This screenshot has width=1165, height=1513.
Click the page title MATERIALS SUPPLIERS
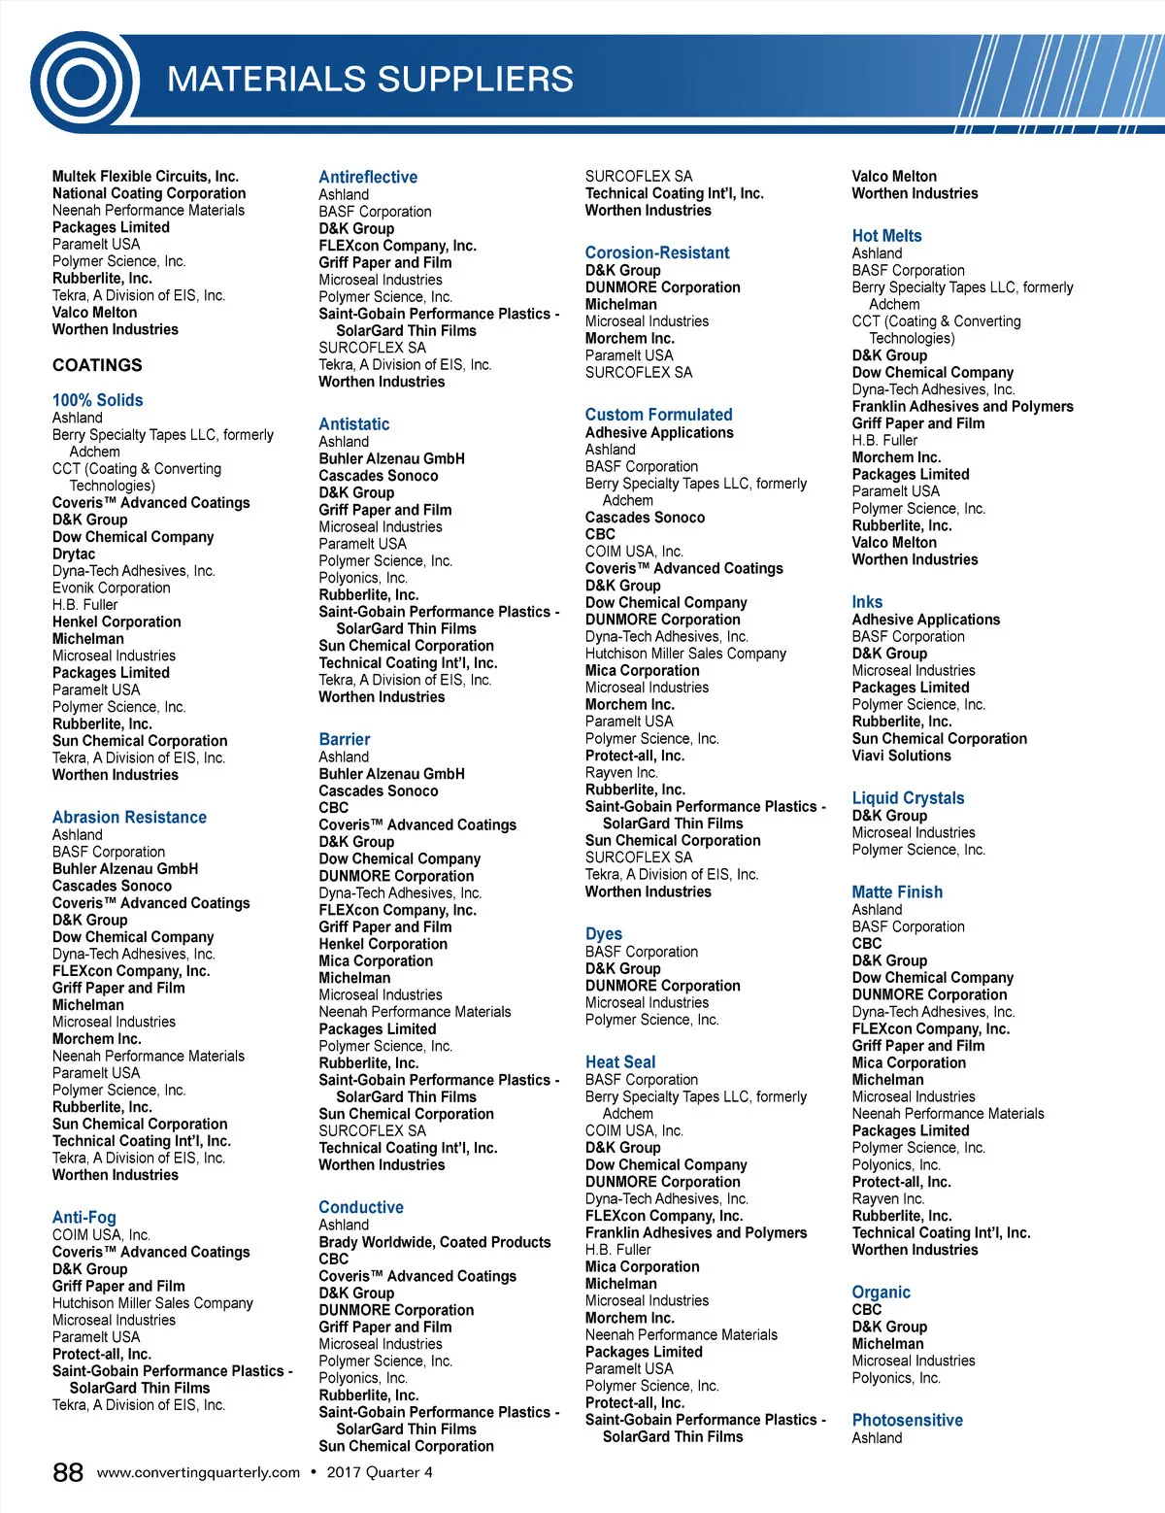[370, 80]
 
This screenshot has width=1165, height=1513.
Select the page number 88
[68, 1472]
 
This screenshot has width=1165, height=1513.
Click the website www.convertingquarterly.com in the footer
[199, 1472]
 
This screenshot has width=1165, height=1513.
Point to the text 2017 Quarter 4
[380, 1472]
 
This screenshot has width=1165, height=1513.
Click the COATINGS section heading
[97, 365]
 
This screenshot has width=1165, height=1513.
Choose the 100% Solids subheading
[97, 400]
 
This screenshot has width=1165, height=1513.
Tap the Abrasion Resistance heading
[129, 818]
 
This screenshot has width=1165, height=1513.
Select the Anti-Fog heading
[83, 1217]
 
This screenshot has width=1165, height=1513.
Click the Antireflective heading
[368, 177]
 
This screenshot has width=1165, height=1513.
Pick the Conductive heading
[361, 1207]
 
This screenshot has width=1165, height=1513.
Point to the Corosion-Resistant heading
[657, 252]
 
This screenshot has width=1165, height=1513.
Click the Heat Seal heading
[620, 1061]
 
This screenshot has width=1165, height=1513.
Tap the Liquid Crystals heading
[908, 798]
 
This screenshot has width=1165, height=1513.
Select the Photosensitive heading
[907, 1420]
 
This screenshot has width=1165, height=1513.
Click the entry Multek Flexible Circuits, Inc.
[145, 176]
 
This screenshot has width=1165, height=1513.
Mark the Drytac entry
[74, 554]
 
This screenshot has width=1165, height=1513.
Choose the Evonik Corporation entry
[111, 588]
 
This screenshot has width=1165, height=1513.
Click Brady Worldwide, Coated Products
[434, 1242]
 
